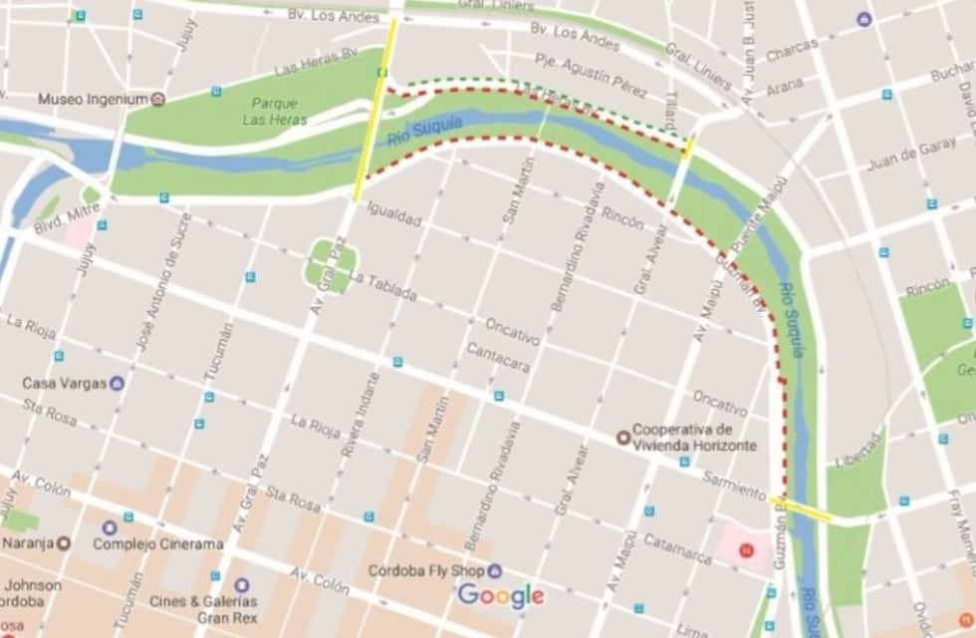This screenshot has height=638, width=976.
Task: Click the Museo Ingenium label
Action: coord(93,100)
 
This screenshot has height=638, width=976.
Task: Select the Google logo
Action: coord(501,596)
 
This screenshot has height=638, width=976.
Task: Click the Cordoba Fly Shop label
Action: coord(425,571)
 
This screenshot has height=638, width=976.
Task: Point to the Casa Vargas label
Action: coord(64,384)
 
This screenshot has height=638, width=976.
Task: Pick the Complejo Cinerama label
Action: coord(157,543)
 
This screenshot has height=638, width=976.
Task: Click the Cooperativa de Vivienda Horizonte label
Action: coord(694,436)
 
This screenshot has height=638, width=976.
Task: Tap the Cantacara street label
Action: coord(498,359)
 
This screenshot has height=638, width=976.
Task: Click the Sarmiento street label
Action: coord(734,485)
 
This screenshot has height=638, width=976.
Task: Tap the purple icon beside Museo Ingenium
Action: coord(158,100)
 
